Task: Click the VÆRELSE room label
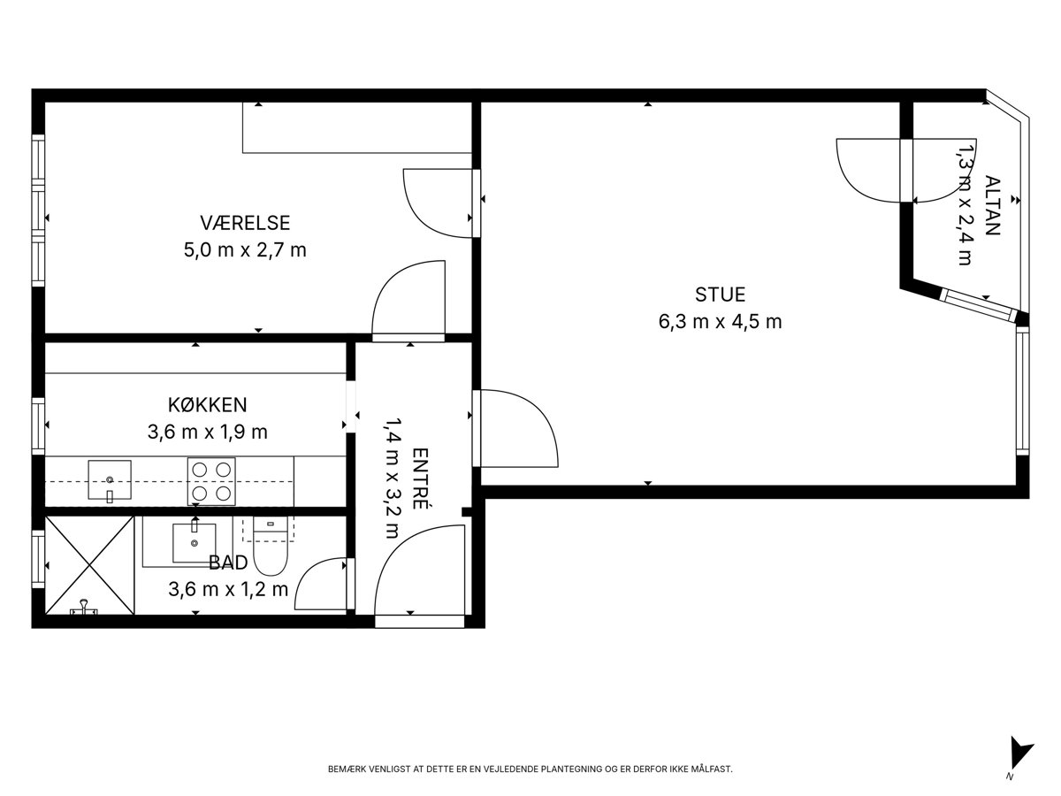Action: point(245,223)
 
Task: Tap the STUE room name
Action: point(720,295)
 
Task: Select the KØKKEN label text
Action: point(208,404)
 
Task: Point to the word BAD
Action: point(228,563)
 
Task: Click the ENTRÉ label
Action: point(420,478)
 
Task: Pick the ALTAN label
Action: point(992,205)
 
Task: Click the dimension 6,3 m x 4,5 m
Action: point(720,321)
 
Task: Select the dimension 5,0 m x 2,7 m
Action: point(245,250)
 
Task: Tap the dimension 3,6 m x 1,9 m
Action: point(208,432)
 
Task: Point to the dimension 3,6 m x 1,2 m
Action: point(228,589)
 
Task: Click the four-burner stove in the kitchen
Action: point(211,481)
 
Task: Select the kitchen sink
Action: point(110,479)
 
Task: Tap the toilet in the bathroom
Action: point(271,546)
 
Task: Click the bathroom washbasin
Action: point(195,542)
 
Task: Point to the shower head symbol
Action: point(84,607)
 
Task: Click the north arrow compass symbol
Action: point(1020,758)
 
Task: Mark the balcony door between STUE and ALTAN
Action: point(906,171)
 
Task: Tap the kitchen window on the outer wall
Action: point(38,425)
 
